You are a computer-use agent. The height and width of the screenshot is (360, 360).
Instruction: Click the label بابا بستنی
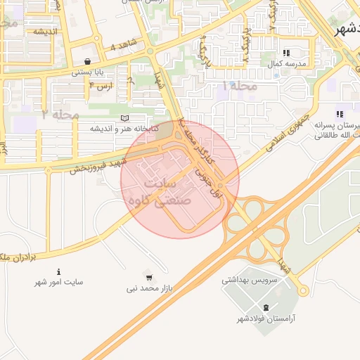88,72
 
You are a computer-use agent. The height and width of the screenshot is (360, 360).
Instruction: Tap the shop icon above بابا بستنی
87,61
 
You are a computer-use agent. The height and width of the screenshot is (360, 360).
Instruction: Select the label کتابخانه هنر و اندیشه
125,129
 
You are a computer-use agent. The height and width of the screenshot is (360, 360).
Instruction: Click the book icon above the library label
125,118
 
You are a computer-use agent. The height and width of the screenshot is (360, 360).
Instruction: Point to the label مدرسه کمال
285,64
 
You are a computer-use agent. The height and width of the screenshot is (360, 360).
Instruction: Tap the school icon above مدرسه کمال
286,53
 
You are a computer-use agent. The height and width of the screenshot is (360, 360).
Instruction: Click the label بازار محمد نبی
150,288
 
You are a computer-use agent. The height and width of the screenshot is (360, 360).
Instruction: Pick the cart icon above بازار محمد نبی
148,276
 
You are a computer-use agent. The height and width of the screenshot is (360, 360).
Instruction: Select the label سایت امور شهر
59,282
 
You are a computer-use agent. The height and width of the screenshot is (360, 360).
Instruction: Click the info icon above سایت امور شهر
58,271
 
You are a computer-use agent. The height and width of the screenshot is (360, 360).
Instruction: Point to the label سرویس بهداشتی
246,279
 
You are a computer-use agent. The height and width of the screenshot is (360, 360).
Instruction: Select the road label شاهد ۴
122,47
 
